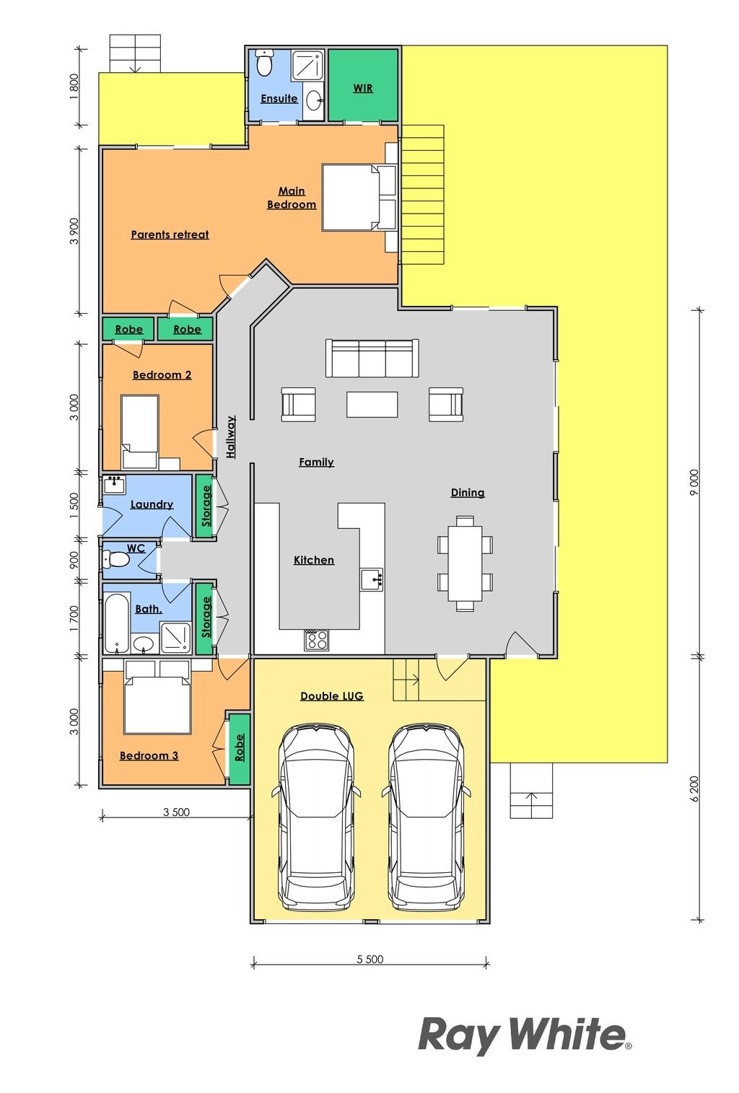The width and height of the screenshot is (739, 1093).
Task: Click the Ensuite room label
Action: point(279,99)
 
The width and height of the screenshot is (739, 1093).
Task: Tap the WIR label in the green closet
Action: point(363,88)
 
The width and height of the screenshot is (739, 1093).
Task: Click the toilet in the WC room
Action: point(115,559)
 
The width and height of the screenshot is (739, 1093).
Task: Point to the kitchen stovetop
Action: point(316,640)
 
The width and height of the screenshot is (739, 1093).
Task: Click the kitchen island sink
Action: point(372,579)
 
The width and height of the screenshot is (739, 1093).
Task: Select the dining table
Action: point(465,563)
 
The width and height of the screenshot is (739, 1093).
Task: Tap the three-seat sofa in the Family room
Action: point(372,358)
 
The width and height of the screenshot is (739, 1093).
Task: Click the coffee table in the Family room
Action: point(372,404)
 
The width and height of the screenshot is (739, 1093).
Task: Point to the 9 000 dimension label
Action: point(694,482)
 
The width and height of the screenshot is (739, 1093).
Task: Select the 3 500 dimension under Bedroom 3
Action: point(176,812)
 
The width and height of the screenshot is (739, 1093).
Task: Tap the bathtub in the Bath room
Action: point(117,623)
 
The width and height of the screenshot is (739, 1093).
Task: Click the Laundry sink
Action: point(115,485)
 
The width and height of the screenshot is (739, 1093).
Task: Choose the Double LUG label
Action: point(332,696)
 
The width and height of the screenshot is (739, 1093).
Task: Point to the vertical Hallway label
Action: point(231,436)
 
